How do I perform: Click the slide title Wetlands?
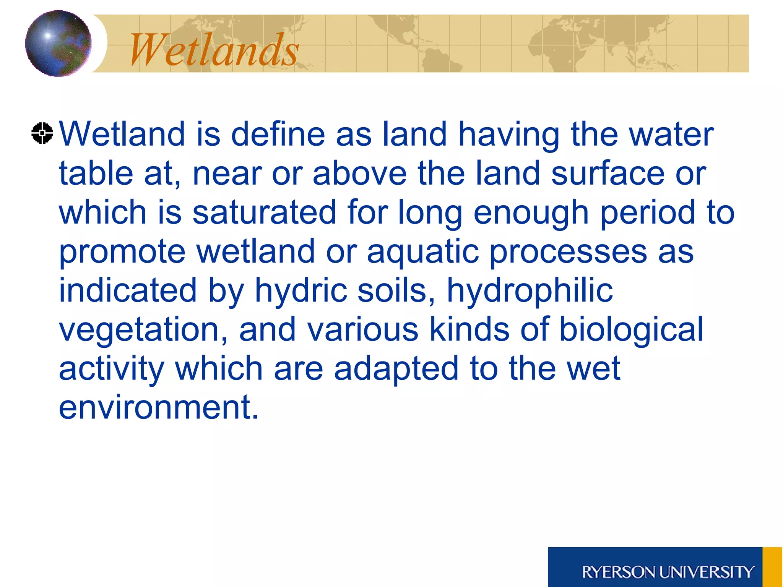click(214, 50)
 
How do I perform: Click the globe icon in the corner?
click(58, 43)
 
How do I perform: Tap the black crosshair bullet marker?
click(42, 133)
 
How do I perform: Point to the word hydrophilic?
click(530, 290)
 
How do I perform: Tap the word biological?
click(631, 329)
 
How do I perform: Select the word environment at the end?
click(158, 407)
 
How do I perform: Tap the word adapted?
click(396, 368)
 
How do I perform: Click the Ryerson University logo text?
click(668, 572)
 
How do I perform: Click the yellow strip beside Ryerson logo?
click(772, 567)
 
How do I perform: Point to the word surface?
click(608, 174)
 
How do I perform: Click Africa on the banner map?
click(551, 46)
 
